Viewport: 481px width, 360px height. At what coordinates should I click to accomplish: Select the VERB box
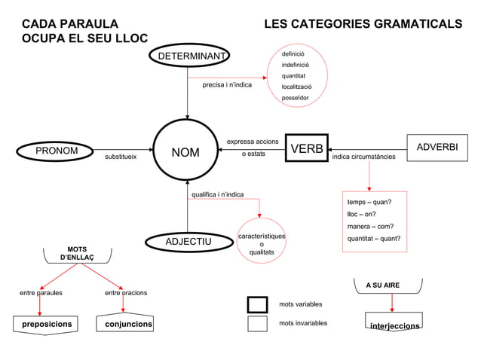point(307,148)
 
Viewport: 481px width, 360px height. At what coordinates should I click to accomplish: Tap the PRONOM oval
point(57,151)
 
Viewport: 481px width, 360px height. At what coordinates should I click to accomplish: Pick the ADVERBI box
point(437,146)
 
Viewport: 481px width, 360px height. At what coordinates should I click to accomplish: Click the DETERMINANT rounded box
point(188,56)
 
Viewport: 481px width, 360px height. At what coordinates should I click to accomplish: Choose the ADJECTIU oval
point(188,241)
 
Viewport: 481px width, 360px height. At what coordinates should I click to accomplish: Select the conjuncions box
point(124,325)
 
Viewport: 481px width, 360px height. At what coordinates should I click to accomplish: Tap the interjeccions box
point(394,326)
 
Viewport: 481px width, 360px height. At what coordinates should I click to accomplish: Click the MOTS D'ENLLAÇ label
point(77,253)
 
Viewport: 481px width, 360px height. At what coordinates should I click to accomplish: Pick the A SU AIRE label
point(382,285)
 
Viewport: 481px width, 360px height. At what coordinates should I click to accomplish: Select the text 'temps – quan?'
point(369,202)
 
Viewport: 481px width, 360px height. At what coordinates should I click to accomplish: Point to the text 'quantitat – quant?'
point(373,239)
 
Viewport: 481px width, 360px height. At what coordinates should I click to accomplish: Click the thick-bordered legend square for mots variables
point(257,304)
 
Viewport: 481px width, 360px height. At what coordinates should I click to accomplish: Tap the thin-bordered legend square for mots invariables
point(257,323)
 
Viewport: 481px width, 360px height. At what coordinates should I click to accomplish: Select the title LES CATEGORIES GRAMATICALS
point(363,24)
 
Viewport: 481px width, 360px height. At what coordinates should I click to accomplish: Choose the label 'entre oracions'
point(126,292)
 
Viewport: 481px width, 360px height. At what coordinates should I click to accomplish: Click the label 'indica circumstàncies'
point(363,157)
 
